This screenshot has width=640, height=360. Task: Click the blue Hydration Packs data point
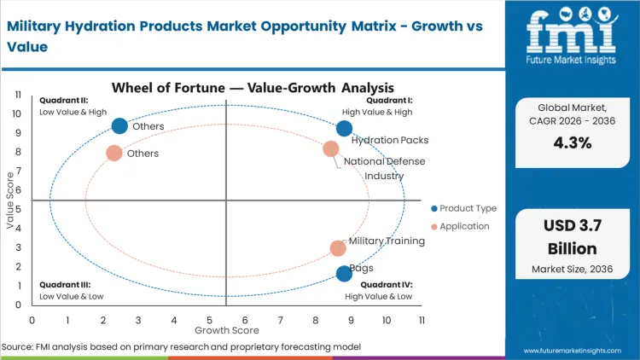[x=344, y=129]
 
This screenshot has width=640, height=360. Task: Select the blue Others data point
[x=119, y=126]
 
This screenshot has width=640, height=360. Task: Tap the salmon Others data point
[x=114, y=154]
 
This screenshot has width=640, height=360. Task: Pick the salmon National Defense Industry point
[x=331, y=149]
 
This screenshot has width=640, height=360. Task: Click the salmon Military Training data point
[x=338, y=248]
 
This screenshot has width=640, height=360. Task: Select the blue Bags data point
[x=344, y=274]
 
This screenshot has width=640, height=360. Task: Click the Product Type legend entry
[x=464, y=208]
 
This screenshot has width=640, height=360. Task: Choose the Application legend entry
[x=463, y=226]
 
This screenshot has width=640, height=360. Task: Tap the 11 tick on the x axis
[x=422, y=320]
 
